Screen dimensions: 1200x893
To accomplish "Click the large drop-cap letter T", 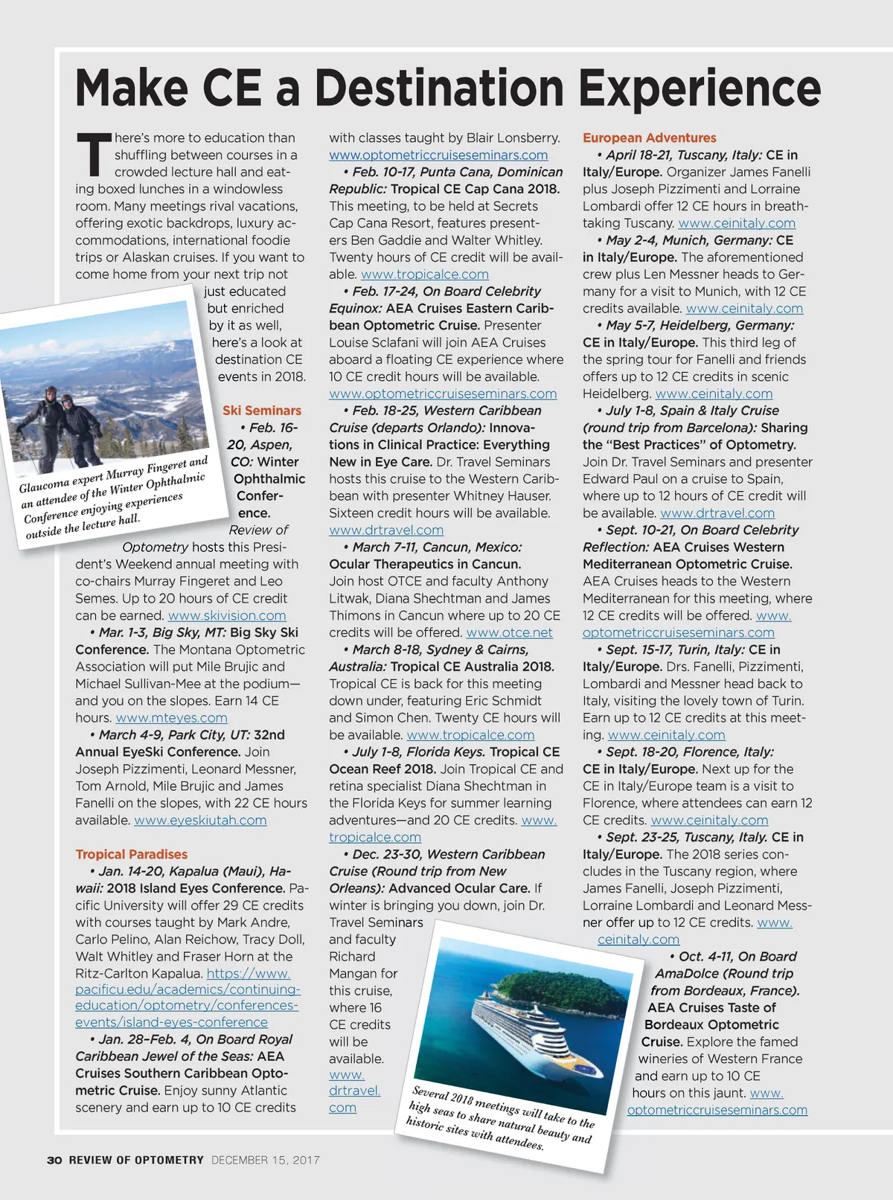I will (93, 155).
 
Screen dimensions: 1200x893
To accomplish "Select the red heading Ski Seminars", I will (262, 411).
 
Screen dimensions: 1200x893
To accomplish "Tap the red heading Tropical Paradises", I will (131, 854).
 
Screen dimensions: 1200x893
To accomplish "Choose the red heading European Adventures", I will (649, 138).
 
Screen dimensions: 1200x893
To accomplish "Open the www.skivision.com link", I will (227, 615).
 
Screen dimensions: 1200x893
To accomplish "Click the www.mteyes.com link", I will (171, 718).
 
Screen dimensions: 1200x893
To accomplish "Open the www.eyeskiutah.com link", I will (200, 820).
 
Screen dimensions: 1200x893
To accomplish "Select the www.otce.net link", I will (509, 632).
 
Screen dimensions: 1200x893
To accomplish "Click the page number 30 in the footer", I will (54, 1160).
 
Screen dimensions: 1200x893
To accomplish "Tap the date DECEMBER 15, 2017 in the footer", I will (266, 1160).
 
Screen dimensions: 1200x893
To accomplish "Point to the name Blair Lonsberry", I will (513, 138).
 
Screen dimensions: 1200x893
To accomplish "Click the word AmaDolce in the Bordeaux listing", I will (688, 973).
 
